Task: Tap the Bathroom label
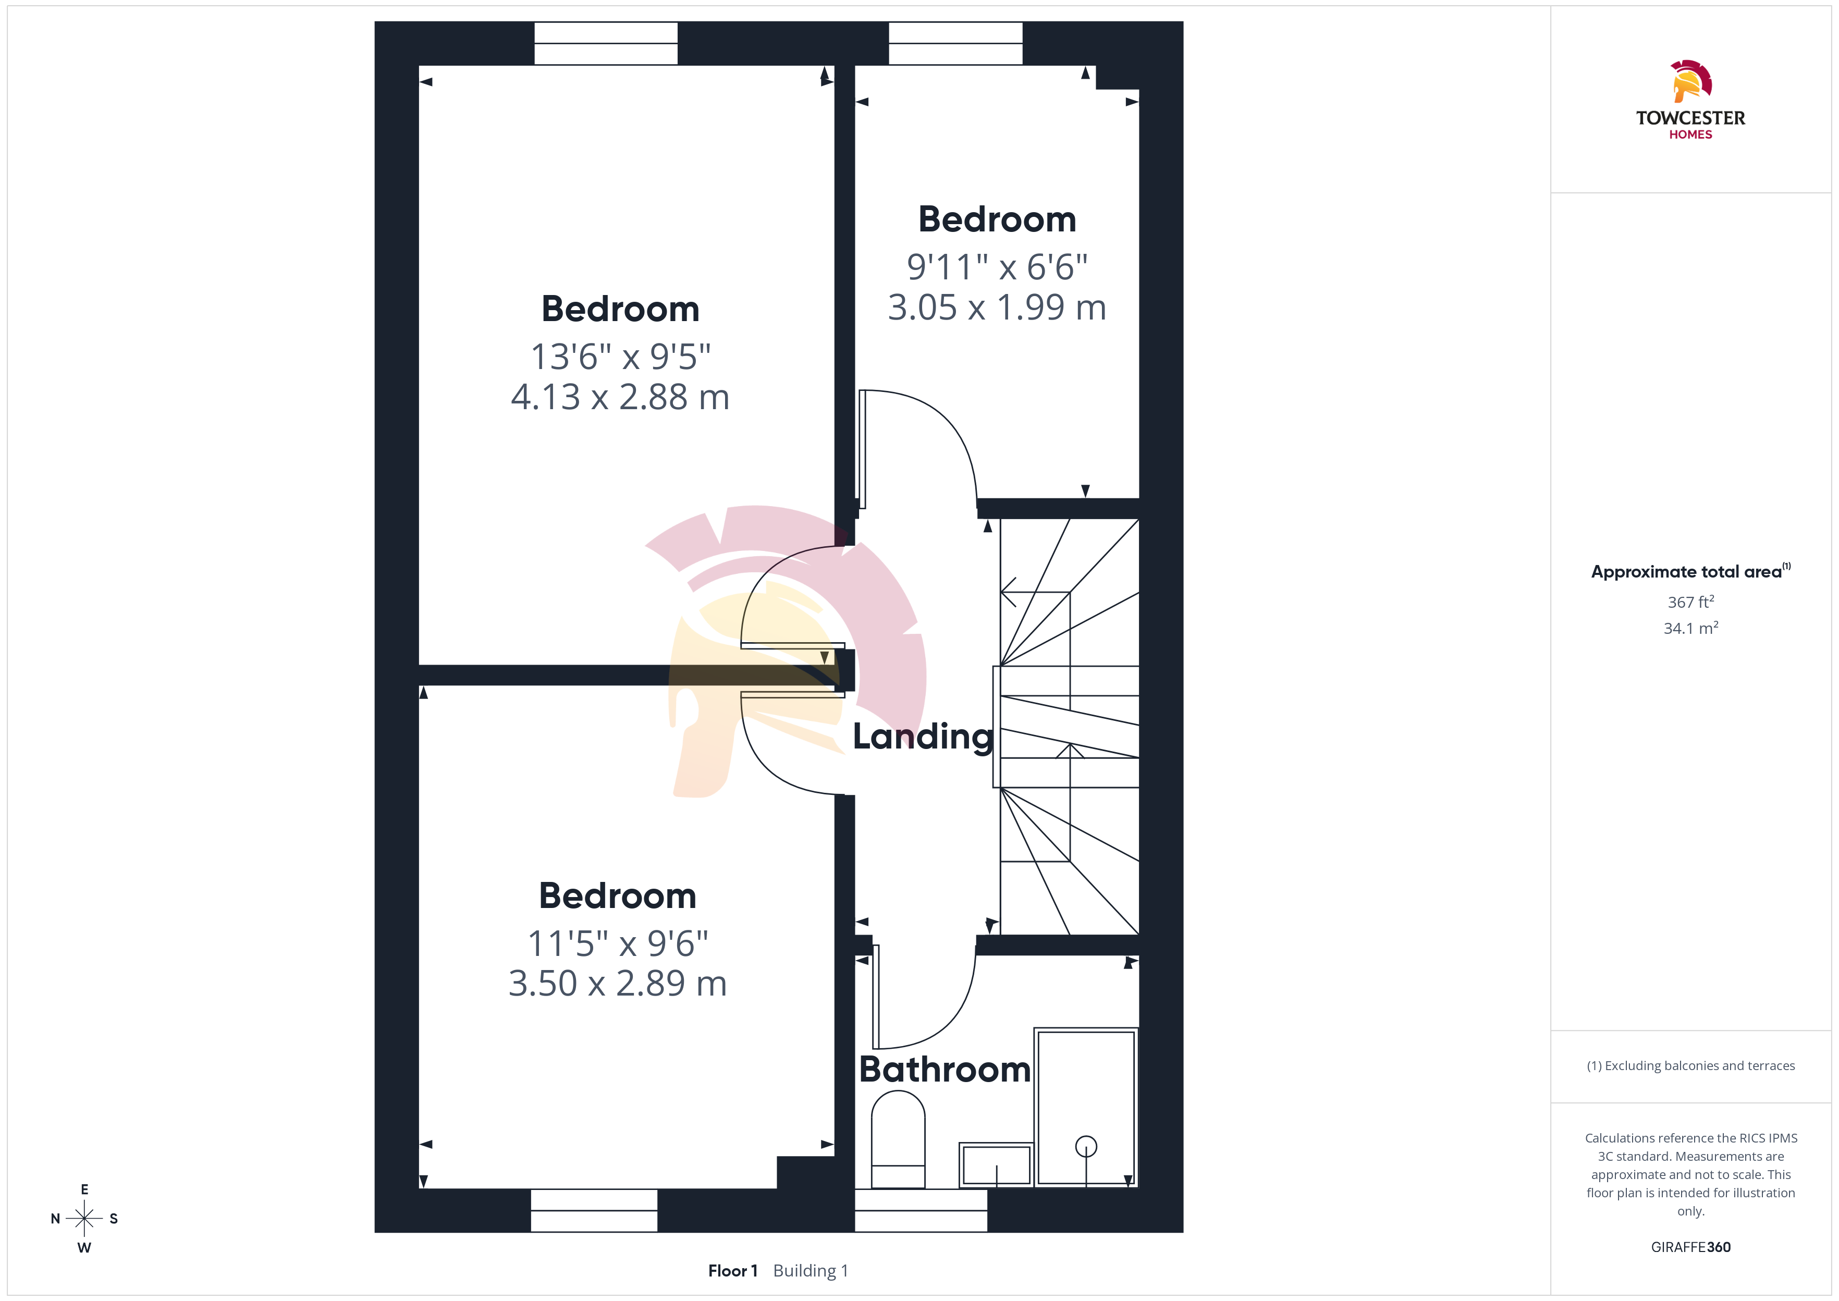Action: tap(945, 1070)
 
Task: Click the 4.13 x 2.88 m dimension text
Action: tap(620, 397)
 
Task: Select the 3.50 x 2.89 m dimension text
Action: tap(618, 984)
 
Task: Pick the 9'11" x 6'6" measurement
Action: tap(997, 267)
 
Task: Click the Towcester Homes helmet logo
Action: tap(1690, 81)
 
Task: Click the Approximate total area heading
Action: tap(1690, 571)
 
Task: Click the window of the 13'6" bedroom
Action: tap(606, 43)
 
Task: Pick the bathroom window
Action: tap(921, 1210)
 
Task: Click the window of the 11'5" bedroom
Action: tap(594, 1210)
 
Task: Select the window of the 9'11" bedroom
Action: tap(955, 43)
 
